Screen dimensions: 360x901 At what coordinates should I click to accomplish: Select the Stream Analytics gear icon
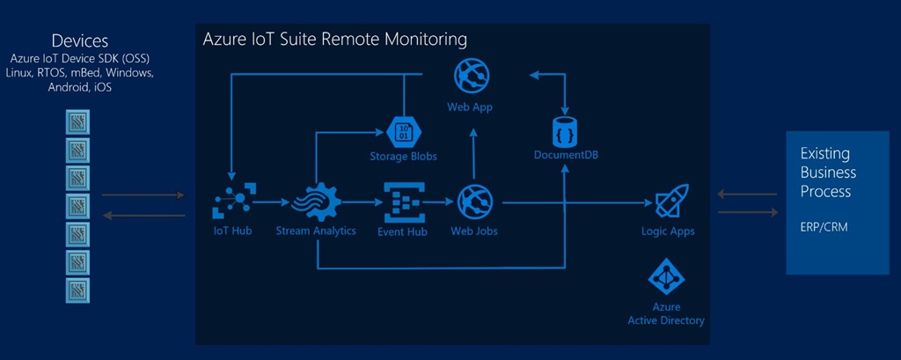click(x=315, y=203)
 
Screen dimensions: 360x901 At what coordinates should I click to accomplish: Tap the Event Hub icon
click(x=402, y=203)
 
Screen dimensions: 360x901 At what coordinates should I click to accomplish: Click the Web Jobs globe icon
click(x=475, y=203)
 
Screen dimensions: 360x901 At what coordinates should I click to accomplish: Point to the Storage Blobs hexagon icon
click(x=403, y=131)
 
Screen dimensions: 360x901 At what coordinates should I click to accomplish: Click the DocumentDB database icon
click(x=566, y=130)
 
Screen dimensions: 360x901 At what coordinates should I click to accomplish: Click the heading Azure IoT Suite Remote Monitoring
click(x=334, y=40)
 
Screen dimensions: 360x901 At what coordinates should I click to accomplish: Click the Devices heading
click(x=80, y=40)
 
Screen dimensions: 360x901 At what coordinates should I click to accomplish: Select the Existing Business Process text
click(x=827, y=171)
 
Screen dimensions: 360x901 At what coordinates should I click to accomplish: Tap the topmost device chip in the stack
click(x=77, y=121)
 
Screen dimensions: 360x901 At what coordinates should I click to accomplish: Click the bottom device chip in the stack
click(x=77, y=290)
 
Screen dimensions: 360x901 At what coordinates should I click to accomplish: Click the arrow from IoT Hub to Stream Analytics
click(x=272, y=203)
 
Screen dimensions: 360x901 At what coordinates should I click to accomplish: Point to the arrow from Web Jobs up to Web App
click(x=473, y=153)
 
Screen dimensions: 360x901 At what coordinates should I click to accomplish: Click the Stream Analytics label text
click(x=316, y=231)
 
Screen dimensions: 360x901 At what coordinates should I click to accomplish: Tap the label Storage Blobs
click(x=403, y=157)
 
